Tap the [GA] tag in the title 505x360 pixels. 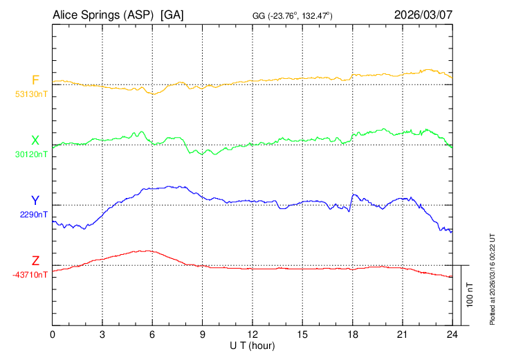click(172, 14)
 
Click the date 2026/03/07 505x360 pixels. click(423, 14)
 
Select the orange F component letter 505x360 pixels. click(35, 80)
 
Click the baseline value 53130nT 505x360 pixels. click(32, 95)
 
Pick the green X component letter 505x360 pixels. click(35, 140)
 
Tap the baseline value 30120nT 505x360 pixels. click(32, 155)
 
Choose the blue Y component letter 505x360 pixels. click(35, 201)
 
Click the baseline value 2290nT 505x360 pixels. click(33, 215)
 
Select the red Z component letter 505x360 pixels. click(35, 260)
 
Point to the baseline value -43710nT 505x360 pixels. click(30, 275)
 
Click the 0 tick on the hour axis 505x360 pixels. click(53, 334)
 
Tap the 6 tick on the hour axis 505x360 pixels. click(153, 334)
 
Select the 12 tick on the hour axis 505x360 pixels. click(252, 334)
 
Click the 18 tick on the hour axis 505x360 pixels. click(352, 334)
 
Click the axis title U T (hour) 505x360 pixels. click(252, 345)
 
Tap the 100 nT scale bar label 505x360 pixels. click(470, 294)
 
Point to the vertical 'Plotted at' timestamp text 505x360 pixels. click(493, 277)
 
